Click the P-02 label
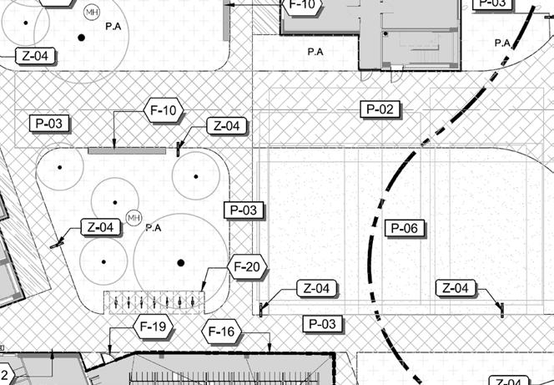[380, 109]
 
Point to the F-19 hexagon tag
[153, 327]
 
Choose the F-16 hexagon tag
[223, 333]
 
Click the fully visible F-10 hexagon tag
[164, 110]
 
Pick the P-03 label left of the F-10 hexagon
[49, 124]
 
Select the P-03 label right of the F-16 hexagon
[323, 323]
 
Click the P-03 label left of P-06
[243, 210]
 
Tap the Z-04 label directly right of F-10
[226, 126]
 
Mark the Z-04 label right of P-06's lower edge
[457, 288]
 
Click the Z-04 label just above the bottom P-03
[317, 289]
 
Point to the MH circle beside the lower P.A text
[133, 218]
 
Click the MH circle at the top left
[91, 12]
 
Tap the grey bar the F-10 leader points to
[127, 150]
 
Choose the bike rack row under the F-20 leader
[154, 300]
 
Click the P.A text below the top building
[315, 52]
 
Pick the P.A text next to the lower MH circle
[153, 227]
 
